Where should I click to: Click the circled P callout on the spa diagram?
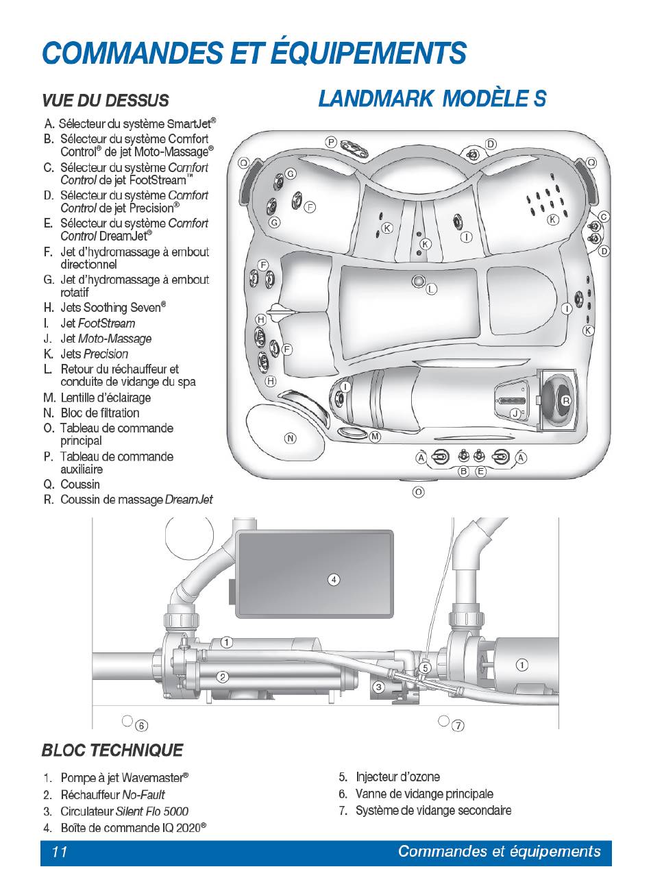tap(331, 143)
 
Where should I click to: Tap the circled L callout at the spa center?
tap(431, 290)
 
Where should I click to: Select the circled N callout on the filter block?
tap(291, 438)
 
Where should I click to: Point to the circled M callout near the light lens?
tap(375, 437)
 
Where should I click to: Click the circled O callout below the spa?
tap(419, 491)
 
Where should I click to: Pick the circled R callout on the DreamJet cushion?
tap(566, 401)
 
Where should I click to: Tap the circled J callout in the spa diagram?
tap(515, 413)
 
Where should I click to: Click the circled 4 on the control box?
tap(334, 580)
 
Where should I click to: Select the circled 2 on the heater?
tap(223, 677)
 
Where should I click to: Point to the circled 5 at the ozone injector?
tap(425, 667)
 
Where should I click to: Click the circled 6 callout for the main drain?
tap(142, 725)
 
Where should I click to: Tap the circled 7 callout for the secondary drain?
tap(458, 724)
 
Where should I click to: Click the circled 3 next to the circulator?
tap(378, 686)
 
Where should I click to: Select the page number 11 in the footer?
tap(60, 852)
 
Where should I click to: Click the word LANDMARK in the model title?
tap(376, 99)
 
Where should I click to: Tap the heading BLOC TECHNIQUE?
tap(112, 750)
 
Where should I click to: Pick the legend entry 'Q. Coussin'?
tap(71, 485)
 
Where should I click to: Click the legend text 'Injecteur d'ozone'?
tap(397, 777)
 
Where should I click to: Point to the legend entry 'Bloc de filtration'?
tap(99, 413)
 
